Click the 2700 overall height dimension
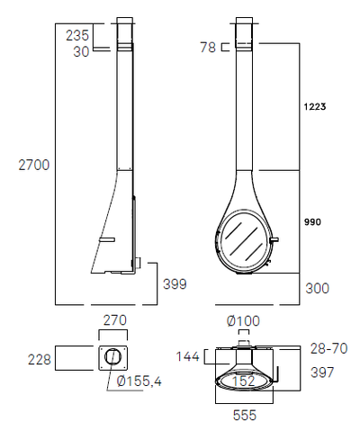34,165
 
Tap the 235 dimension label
77,35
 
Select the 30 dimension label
81,51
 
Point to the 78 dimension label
208,47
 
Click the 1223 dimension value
315,106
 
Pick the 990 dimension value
312,222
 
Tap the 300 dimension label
317,288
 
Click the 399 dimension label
175,283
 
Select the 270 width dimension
115,320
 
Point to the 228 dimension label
40,359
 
